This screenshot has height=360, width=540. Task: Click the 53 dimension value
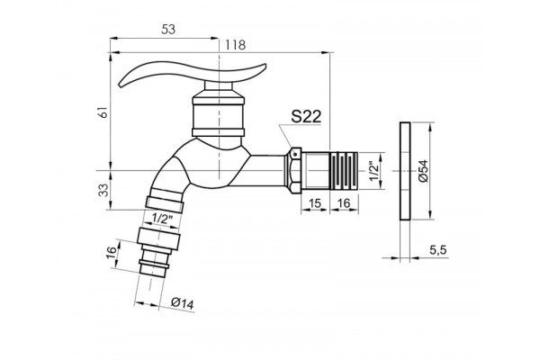point(168,30)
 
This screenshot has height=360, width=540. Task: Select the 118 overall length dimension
point(235,45)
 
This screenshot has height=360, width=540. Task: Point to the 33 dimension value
point(103,190)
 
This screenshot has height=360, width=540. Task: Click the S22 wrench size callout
point(306,116)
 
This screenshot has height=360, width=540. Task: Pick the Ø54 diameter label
point(423,171)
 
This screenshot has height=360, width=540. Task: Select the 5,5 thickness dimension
point(437,250)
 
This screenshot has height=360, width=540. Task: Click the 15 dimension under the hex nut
point(315,204)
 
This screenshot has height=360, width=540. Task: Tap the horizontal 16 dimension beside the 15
point(344,204)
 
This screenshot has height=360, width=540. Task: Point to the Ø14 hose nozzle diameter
point(183,303)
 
